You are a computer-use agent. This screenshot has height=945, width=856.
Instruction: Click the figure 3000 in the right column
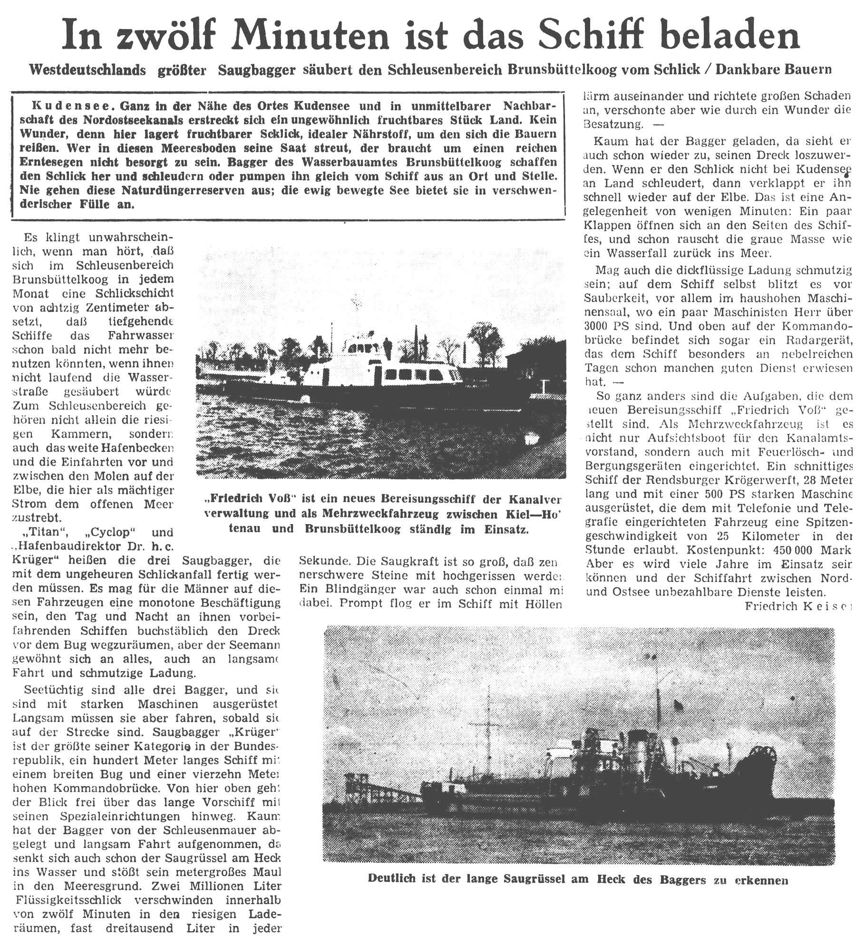[x=600, y=326]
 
